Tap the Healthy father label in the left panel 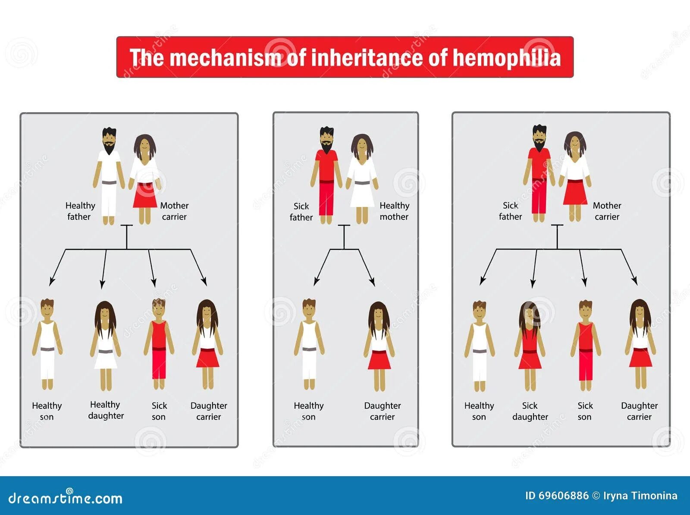point(80,211)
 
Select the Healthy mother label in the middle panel point(394,211)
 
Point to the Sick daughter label point(530,411)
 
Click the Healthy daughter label point(106,410)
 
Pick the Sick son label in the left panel point(159,411)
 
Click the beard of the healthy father point(109,148)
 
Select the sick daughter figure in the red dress point(530,345)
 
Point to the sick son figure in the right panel point(585,345)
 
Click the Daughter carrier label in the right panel point(639,411)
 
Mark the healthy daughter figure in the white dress point(105,345)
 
